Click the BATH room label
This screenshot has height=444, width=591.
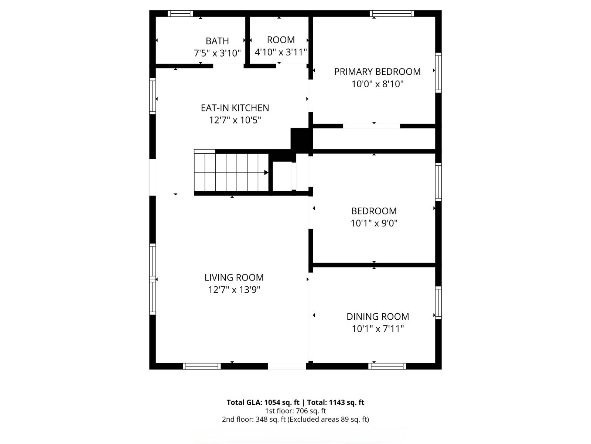(217, 41)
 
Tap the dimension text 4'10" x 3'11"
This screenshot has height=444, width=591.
(281, 52)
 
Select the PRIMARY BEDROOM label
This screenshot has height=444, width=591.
(377, 71)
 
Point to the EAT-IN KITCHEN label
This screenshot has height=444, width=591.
(235, 108)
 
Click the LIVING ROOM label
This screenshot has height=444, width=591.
(234, 277)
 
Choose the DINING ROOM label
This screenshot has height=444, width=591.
(378, 316)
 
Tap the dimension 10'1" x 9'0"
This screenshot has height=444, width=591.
(374, 223)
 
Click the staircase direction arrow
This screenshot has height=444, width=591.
(266, 172)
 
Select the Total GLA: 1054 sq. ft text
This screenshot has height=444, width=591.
(263, 402)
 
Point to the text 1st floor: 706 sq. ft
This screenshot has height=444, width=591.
(295, 411)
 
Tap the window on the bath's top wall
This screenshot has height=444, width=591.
(180, 14)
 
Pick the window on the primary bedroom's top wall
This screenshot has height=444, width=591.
(392, 14)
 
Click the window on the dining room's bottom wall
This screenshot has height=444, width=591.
(387, 366)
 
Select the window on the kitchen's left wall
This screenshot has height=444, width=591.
(152, 95)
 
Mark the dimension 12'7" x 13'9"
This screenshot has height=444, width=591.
(234, 289)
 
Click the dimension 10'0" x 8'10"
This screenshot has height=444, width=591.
(377, 84)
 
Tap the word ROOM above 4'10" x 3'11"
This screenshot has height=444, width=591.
(281, 40)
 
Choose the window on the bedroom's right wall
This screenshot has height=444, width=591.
(438, 182)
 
